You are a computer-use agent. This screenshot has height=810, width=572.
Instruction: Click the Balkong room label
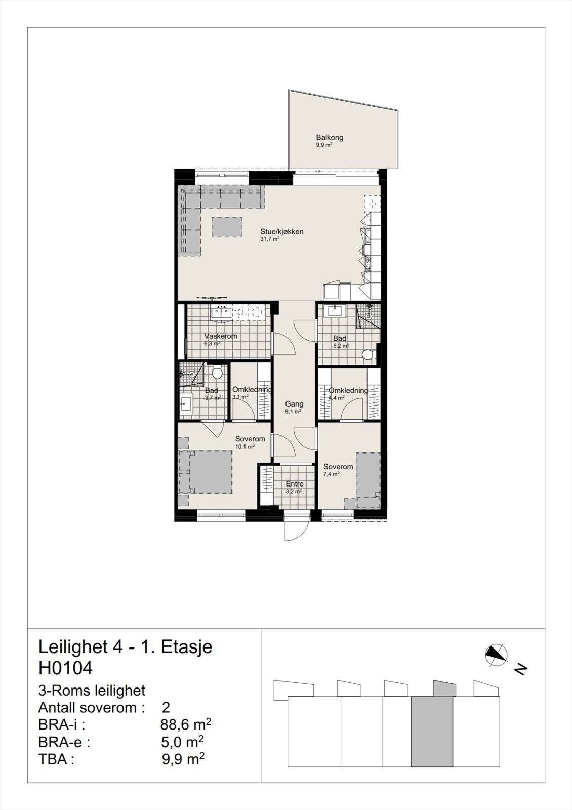click(330, 137)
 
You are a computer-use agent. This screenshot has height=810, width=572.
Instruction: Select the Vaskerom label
click(220, 336)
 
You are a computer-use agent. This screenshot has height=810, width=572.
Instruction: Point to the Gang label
click(294, 404)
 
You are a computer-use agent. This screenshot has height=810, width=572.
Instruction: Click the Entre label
click(294, 484)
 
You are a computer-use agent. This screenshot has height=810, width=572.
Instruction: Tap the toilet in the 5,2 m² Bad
click(368, 354)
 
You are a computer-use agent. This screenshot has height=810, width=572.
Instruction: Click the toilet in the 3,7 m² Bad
click(218, 374)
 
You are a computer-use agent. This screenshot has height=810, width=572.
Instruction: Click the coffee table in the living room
click(227, 226)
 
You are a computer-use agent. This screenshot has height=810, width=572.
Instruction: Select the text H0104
click(65, 668)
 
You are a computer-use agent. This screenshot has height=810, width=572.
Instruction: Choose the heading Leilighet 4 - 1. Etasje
click(125, 646)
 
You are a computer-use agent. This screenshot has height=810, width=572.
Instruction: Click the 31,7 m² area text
click(270, 239)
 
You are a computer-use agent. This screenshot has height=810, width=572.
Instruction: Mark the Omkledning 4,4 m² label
click(348, 390)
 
